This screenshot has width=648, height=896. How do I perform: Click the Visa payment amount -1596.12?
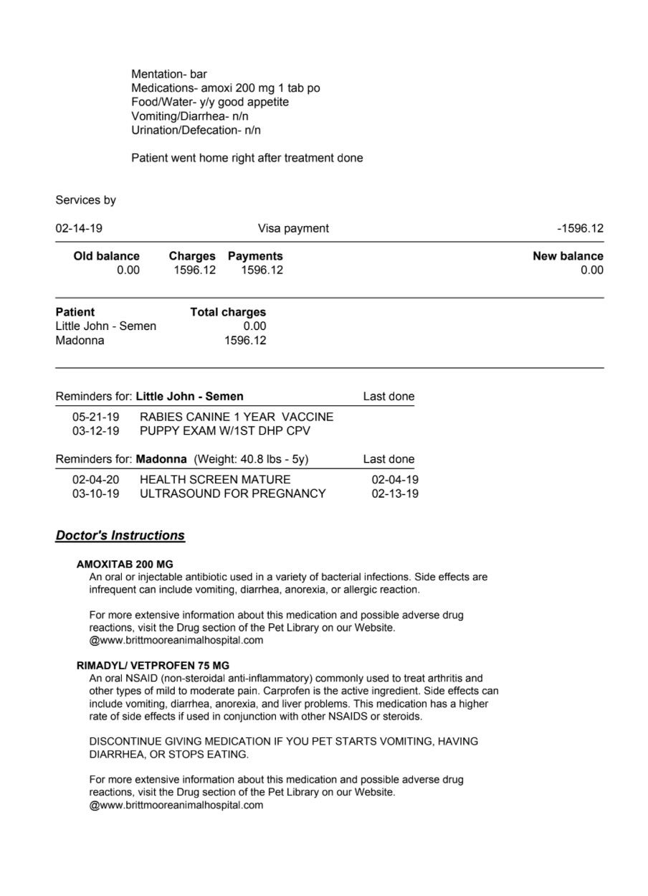[580, 229]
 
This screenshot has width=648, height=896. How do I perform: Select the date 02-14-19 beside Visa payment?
[79, 229]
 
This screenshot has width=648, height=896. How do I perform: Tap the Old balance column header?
[106, 256]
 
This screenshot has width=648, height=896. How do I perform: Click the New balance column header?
[568, 256]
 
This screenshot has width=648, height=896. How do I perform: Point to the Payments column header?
[255, 256]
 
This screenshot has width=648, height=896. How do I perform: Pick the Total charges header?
[228, 312]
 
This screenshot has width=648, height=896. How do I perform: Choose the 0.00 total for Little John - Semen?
[254, 326]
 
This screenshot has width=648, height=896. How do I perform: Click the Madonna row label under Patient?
[80, 341]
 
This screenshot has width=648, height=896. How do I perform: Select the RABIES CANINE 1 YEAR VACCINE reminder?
[237, 417]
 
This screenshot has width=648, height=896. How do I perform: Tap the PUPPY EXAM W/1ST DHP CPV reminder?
[225, 431]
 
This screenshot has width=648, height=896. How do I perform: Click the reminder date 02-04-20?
[96, 479]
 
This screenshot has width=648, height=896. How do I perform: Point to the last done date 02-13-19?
[395, 494]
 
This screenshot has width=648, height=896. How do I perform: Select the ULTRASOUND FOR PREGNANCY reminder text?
[232, 494]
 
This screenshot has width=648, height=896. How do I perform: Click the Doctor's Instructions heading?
[120, 536]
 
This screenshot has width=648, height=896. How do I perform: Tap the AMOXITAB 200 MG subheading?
[125, 564]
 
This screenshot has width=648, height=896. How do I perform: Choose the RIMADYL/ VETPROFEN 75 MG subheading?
[153, 665]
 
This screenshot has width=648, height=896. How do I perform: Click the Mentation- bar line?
[169, 74]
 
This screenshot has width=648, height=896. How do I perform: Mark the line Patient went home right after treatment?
[247, 158]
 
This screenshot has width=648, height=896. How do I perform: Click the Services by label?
[85, 200]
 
